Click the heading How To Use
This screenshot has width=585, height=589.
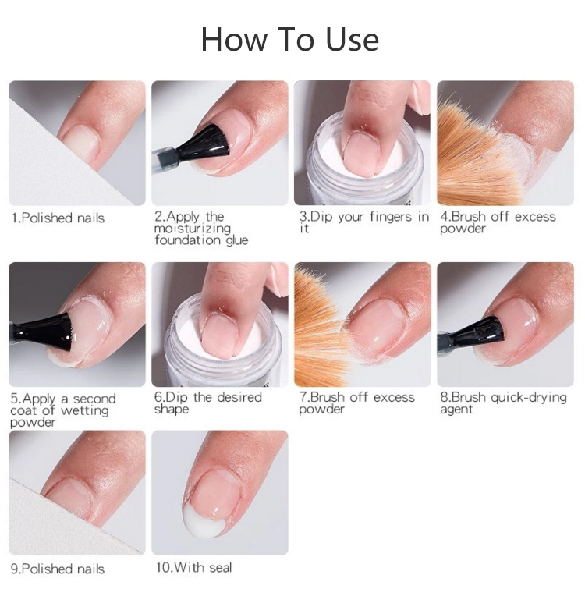290,39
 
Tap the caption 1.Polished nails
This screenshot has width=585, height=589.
58,218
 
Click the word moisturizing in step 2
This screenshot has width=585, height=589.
192,229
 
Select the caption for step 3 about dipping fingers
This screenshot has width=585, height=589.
363,222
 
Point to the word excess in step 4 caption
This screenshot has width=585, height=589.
535,217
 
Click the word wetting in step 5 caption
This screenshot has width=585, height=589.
84,410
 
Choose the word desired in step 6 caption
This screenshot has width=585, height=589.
239,397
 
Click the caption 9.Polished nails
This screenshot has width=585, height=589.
58,569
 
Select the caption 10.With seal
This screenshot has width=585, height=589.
193,567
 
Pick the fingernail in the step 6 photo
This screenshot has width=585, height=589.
219,335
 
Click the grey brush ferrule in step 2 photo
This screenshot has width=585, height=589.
165,159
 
